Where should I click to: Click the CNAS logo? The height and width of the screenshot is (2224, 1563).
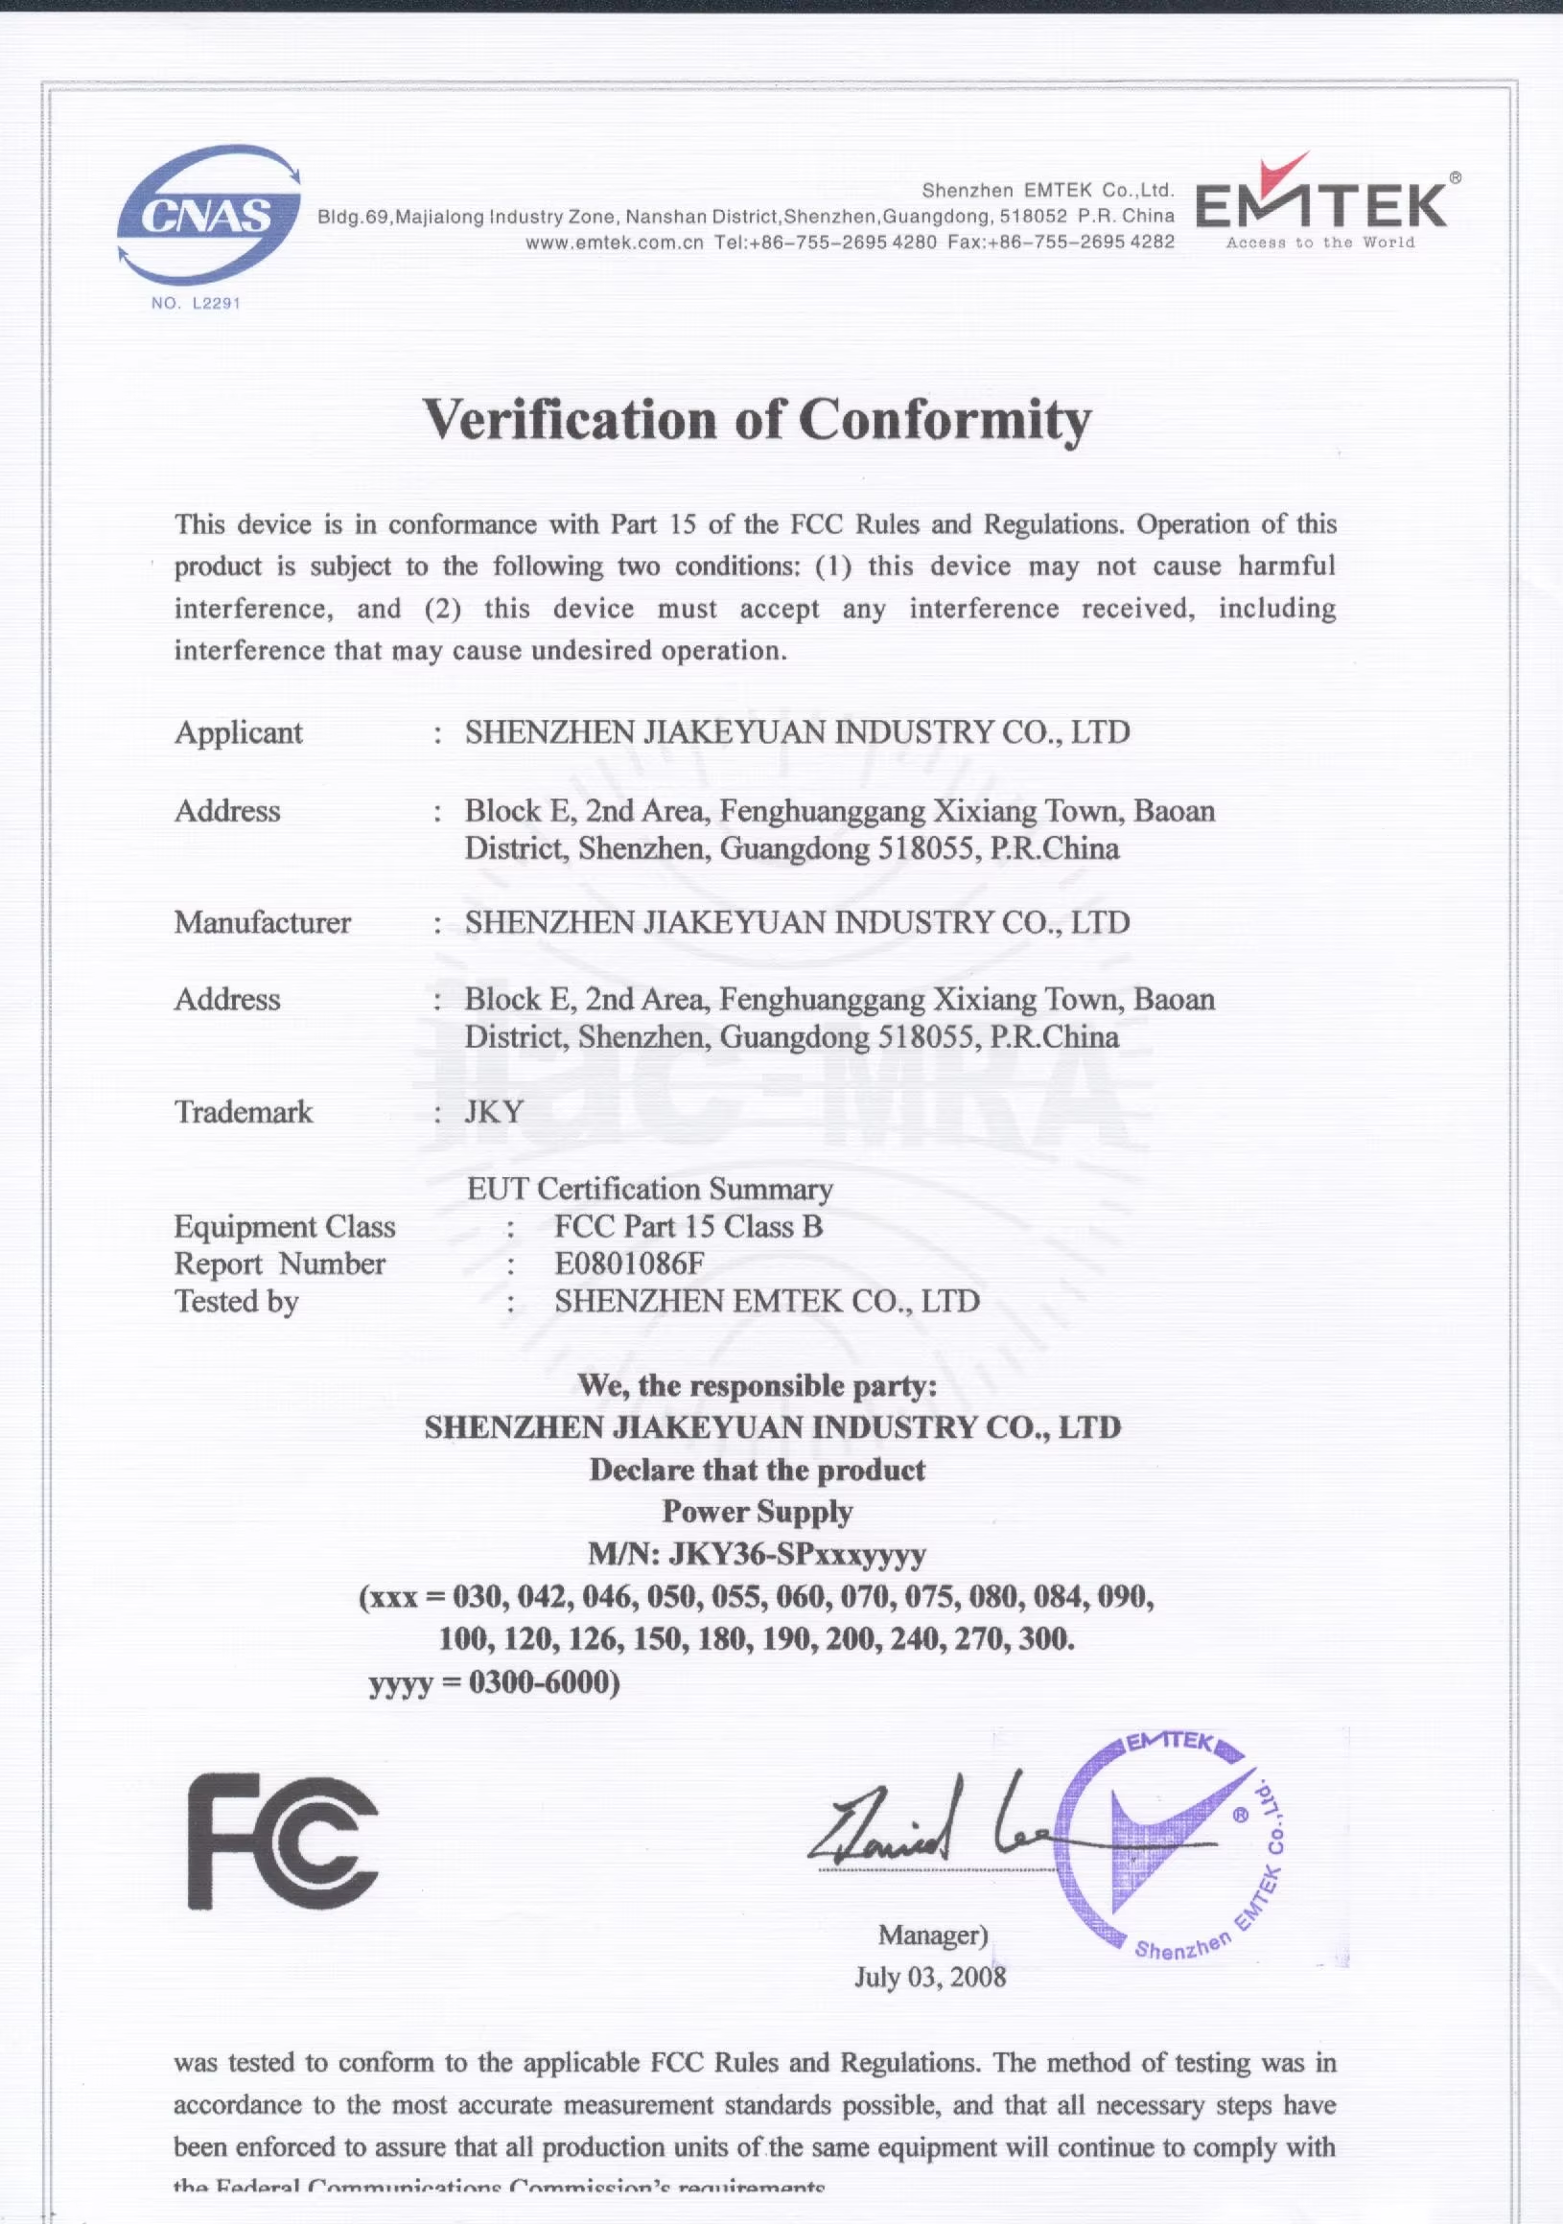click(x=208, y=215)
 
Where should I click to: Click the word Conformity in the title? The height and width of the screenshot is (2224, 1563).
click(x=945, y=420)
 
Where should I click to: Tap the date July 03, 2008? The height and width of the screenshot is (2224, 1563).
click(x=929, y=1976)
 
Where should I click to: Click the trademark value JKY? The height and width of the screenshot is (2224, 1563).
click(x=494, y=1111)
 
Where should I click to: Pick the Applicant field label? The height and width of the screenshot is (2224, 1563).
click(x=239, y=732)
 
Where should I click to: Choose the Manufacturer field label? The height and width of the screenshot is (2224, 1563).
click(x=263, y=922)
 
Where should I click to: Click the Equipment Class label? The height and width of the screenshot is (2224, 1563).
click(x=285, y=1227)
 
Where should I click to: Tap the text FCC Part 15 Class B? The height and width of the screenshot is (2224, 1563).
click(x=688, y=1227)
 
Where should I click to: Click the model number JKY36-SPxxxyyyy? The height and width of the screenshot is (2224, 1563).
click(x=798, y=1555)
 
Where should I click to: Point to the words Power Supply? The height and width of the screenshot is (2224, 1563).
click(x=757, y=1512)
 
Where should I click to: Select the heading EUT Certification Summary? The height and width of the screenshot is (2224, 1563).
click(x=649, y=1189)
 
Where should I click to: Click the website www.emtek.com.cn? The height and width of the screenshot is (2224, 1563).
click(x=615, y=243)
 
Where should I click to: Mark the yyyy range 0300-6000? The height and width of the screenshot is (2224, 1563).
click(x=544, y=1682)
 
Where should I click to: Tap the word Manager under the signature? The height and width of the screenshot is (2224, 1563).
click(x=931, y=1934)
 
